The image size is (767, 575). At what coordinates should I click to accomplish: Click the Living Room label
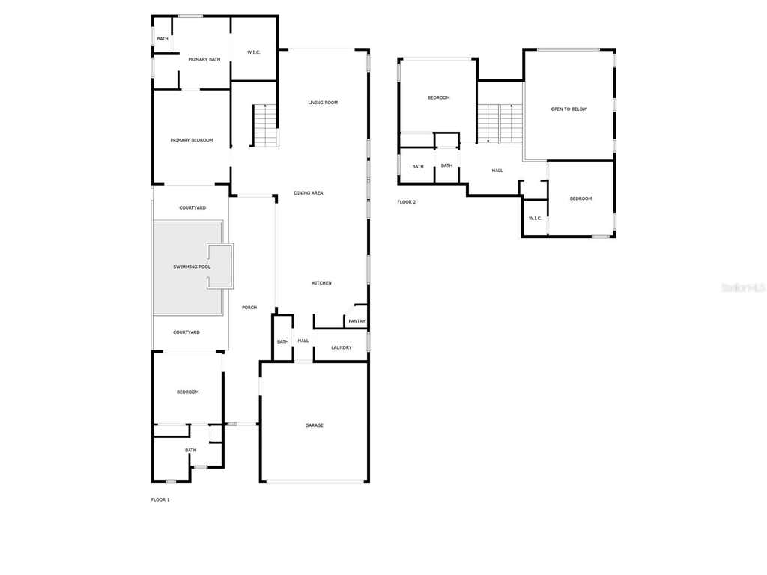click(x=323, y=103)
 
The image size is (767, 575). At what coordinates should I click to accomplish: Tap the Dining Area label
click(x=308, y=193)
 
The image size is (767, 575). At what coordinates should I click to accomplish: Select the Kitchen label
click(x=322, y=283)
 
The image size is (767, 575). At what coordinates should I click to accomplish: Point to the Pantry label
click(x=357, y=321)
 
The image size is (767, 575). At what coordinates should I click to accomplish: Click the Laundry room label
click(x=341, y=347)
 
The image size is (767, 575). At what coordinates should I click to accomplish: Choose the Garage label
click(x=314, y=425)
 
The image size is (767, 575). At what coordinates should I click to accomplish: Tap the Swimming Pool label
click(x=192, y=267)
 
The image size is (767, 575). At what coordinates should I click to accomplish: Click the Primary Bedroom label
click(x=192, y=140)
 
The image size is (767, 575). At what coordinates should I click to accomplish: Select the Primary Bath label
click(x=204, y=60)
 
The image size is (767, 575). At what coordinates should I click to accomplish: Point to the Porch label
click(x=249, y=308)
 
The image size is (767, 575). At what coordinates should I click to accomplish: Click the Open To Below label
click(x=569, y=109)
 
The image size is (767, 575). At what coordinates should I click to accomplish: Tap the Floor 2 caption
click(x=407, y=202)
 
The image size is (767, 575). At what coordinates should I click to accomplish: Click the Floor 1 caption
click(x=160, y=499)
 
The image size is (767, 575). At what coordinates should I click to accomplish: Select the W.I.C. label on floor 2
click(x=535, y=219)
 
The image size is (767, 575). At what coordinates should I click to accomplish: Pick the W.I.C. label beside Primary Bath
click(x=254, y=52)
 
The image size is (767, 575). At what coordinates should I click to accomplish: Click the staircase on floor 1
click(x=265, y=126)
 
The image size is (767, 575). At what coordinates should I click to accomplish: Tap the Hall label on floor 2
click(x=497, y=171)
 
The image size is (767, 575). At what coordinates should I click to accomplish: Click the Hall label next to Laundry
click(x=303, y=341)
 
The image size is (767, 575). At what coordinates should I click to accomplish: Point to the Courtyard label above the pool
click(x=192, y=208)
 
